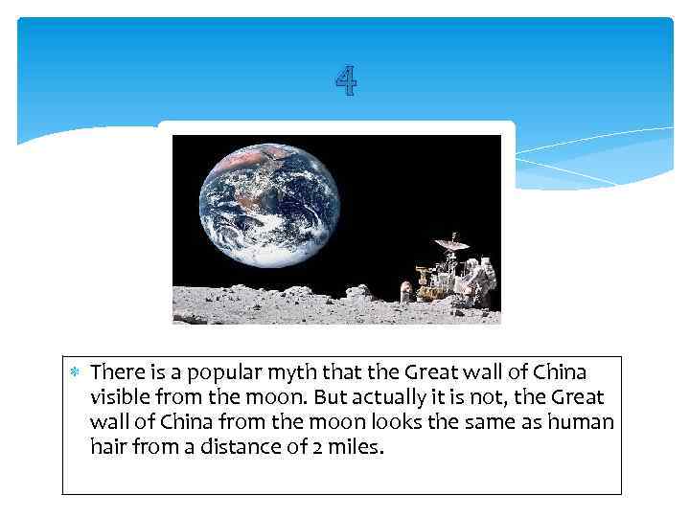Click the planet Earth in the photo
coord(269,205)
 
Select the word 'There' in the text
coord(117,371)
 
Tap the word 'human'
coord(582,421)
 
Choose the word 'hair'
coord(106,446)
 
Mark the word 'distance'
coord(248,446)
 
